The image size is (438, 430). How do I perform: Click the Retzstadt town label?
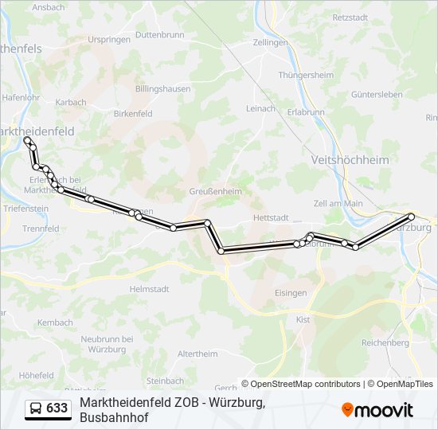[x=351, y=17]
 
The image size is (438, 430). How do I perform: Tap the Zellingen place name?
[x=270, y=42]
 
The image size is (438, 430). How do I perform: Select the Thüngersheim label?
[x=306, y=75]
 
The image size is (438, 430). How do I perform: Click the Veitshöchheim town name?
[x=351, y=159]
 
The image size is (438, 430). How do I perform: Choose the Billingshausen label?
[x=163, y=89]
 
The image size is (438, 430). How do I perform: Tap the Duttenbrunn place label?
[x=160, y=35]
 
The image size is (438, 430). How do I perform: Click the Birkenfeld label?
[x=133, y=114]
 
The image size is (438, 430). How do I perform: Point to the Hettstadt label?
[x=268, y=217]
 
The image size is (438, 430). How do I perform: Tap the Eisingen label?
[x=291, y=293]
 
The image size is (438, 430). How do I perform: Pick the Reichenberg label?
[x=385, y=342]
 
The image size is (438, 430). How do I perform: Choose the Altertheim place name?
[x=197, y=354]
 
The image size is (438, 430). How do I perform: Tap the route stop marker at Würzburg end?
[x=412, y=217]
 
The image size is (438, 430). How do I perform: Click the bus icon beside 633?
[x=36, y=408]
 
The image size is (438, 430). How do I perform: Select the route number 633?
[x=57, y=408]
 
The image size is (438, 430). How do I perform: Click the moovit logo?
[x=377, y=410]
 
